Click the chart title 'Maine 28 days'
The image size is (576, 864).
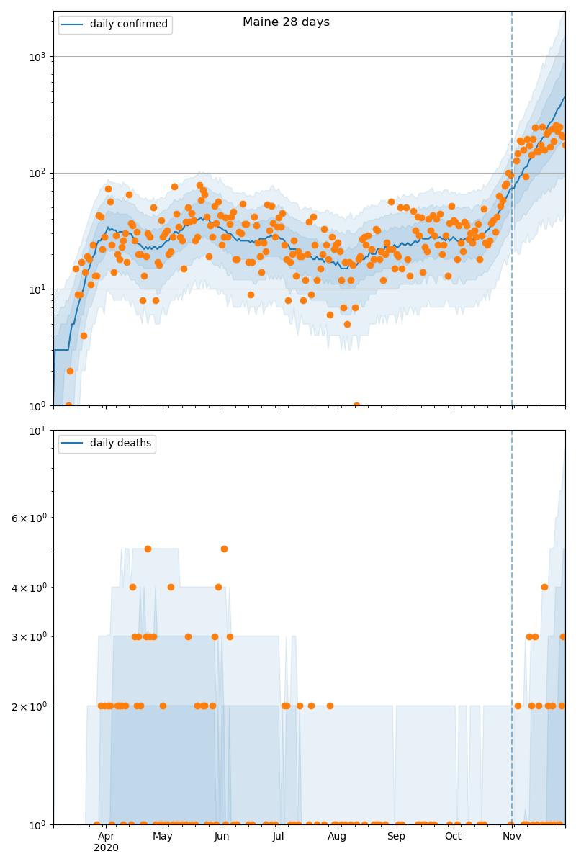point(286,22)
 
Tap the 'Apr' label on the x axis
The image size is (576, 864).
point(106,836)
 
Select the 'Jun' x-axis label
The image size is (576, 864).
point(222,836)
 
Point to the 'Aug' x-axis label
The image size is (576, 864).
point(337,836)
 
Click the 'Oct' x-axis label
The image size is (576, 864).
point(453,836)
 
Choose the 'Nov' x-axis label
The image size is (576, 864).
point(512,836)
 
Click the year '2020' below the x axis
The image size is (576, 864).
point(106,848)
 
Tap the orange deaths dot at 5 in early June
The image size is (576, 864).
point(224,549)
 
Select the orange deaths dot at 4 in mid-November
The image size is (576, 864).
point(544,587)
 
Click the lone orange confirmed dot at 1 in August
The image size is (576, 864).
point(356,405)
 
